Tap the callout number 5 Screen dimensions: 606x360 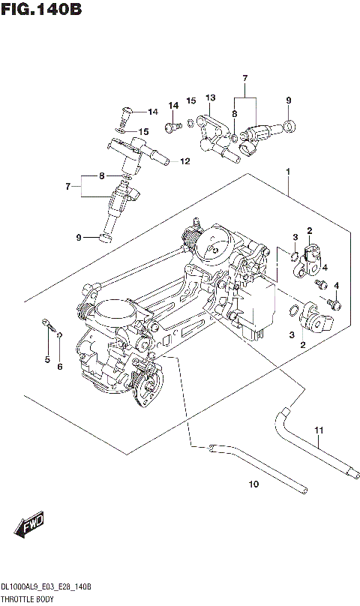pos(46,360)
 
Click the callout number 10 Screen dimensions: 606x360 pos(253,484)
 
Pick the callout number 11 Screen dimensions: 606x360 pos(318,430)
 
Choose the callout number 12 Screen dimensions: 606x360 pos(184,160)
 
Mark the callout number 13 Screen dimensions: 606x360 pos(210,97)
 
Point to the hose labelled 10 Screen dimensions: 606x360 pos(255,469)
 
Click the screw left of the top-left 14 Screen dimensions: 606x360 pos(126,112)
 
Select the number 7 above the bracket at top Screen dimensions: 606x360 pos(244,79)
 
